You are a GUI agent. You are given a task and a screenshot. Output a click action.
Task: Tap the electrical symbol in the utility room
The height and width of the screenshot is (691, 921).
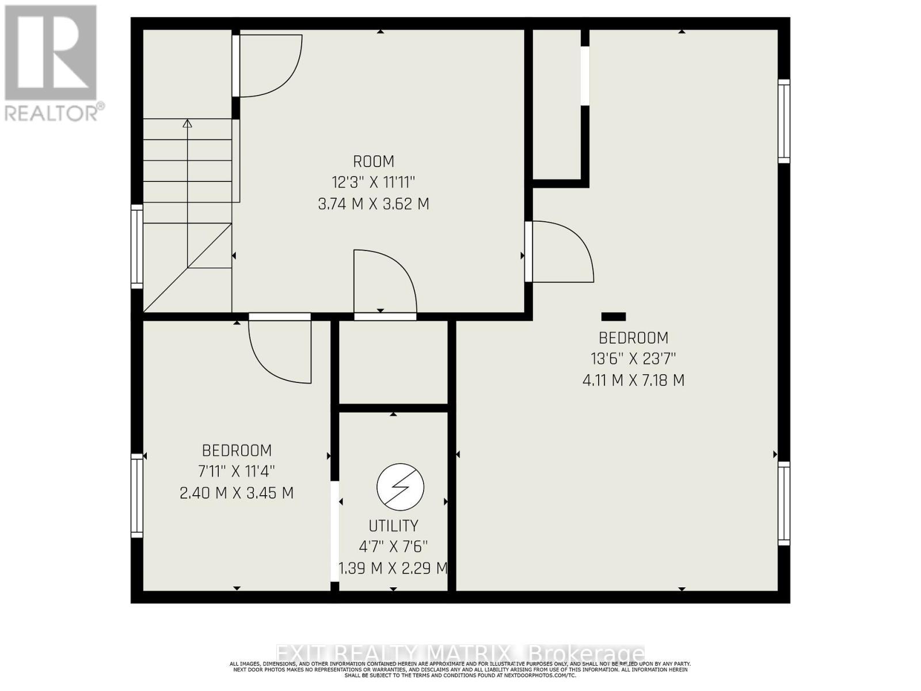pyautogui.click(x=401, y=487)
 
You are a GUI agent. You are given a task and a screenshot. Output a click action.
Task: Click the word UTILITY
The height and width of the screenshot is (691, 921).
pyautogui.click(x=394, y=526)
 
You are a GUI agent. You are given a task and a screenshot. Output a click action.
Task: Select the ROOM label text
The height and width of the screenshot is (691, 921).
pyautogui.click(x=374, y=161)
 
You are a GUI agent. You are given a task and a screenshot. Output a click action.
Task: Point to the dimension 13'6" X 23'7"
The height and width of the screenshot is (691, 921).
pyautogui.click(x=633, y=359)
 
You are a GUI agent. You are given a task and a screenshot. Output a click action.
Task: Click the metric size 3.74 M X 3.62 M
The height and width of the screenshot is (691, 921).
pyautogui.click(x=374, y=204)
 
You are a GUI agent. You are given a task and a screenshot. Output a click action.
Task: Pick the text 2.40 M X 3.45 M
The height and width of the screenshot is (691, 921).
pyautogui.click(x=237, y=493)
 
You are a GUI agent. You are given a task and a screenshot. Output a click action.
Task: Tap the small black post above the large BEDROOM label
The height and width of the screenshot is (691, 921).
pyautogui.click(x=613, y=317)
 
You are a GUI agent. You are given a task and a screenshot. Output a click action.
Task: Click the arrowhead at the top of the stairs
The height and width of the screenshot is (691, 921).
pyautogui.click(x=187, y=123)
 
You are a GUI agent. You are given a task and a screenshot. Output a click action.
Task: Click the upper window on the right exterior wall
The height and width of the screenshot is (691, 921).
pyautogui.click(x=783, y=121)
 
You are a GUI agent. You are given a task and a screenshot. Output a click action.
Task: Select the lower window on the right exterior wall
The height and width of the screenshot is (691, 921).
pyautogui.click(x=783, y=503)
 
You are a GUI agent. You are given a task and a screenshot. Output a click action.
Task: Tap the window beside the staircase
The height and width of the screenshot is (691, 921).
pyautogui.click(x=137, y=246)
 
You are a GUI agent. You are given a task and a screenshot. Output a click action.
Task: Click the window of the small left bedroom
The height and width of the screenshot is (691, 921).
pyautogui.click(x=137, y=495)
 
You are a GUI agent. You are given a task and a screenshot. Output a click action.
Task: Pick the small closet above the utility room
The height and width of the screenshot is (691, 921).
pyautogui.click(x=394, y=363)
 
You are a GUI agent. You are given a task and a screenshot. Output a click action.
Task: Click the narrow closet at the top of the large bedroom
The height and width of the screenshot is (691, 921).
pyautogui.click(x=556, y=104)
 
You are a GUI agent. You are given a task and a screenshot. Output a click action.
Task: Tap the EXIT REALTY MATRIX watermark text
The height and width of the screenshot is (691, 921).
pyautogui.click(x=461, y=654)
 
